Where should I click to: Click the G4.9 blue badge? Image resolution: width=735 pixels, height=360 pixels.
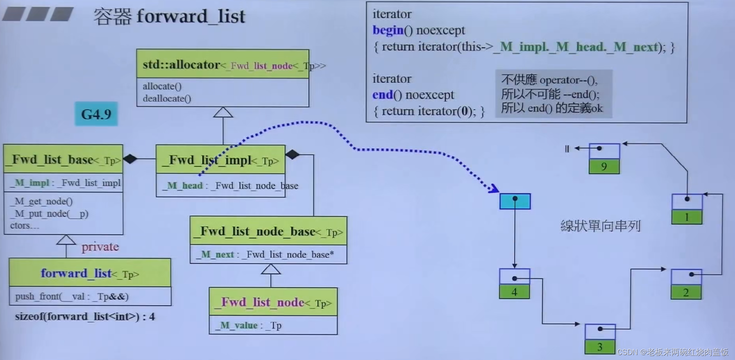(x=96, y=114)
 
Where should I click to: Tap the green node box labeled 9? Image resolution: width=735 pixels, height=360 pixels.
(x=604, y=167)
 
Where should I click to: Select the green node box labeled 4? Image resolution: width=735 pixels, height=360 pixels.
(x=514, y=292)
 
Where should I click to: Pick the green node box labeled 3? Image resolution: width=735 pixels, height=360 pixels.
(x=600, y=347)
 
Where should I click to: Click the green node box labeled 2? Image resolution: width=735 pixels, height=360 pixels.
(x=686, y=292)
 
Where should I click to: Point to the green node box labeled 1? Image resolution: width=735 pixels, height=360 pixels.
(x=687, y=217)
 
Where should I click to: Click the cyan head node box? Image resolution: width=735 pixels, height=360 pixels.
(x=515, y=202)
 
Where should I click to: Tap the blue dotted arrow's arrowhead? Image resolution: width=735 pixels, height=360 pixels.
(x=495, y=189)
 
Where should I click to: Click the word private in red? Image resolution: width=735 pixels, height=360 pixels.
(x=100, y=247)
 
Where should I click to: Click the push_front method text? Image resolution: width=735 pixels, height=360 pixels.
(x=72, y=296)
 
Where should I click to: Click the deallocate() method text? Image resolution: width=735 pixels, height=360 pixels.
(x=167, y=98)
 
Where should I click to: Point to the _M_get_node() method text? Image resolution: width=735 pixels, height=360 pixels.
(x=43, y=201)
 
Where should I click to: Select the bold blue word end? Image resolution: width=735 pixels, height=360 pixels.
(x=382, y=95)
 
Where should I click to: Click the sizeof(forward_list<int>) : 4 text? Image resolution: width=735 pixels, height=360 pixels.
(x=85, y=317)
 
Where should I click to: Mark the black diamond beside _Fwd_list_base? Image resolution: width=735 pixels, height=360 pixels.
(x=130, y=158)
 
